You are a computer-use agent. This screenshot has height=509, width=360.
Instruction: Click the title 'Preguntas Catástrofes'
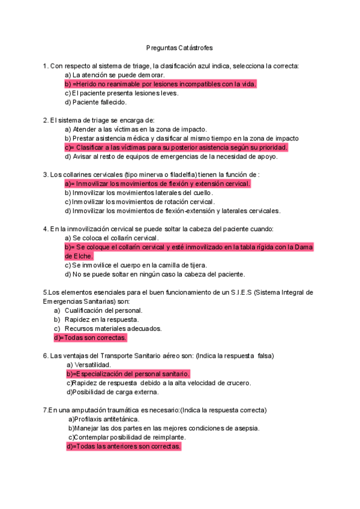tap(179, 47)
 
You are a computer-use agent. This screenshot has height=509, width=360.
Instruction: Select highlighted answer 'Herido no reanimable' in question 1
tap(160, 84)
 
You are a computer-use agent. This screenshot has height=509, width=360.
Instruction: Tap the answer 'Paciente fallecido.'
tap(95, 102)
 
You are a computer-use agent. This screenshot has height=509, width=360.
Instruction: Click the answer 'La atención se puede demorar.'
tap(114, 75)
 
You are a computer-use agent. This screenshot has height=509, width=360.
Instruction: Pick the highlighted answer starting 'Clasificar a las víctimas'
tap(176, 147)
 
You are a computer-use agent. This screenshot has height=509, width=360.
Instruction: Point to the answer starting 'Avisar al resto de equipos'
tap(171, 157)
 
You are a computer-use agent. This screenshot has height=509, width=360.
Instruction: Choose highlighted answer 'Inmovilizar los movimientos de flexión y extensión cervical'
tap(157, 184)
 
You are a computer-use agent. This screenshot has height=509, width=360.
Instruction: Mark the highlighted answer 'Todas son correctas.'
tap(90, 337)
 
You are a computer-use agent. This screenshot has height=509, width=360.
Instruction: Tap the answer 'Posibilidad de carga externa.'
tap(112, 392)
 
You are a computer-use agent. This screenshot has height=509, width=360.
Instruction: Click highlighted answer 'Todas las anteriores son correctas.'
tap(124, 447)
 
